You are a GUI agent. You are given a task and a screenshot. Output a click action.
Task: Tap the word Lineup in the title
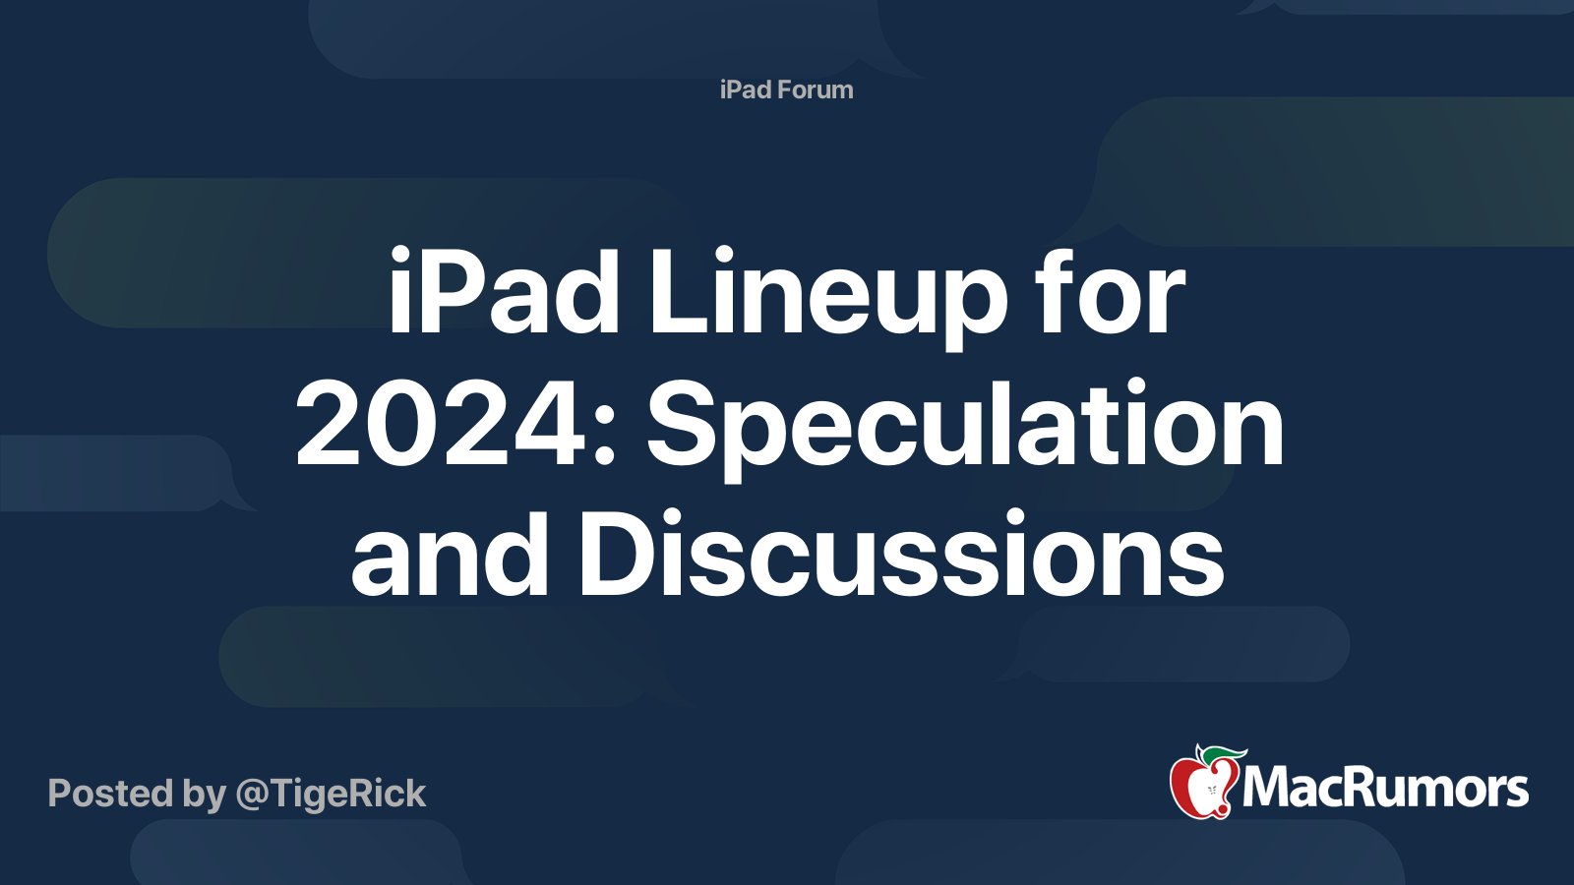827,295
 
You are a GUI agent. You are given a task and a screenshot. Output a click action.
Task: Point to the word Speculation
964,428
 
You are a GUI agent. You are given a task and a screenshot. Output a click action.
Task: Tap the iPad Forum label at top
786,89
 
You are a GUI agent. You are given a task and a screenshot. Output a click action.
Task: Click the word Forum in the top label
815,89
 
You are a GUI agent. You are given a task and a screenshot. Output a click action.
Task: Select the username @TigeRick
331,794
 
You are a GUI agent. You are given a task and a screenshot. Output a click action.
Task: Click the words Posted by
137,794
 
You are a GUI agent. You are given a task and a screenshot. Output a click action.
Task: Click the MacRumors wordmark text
1385,788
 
